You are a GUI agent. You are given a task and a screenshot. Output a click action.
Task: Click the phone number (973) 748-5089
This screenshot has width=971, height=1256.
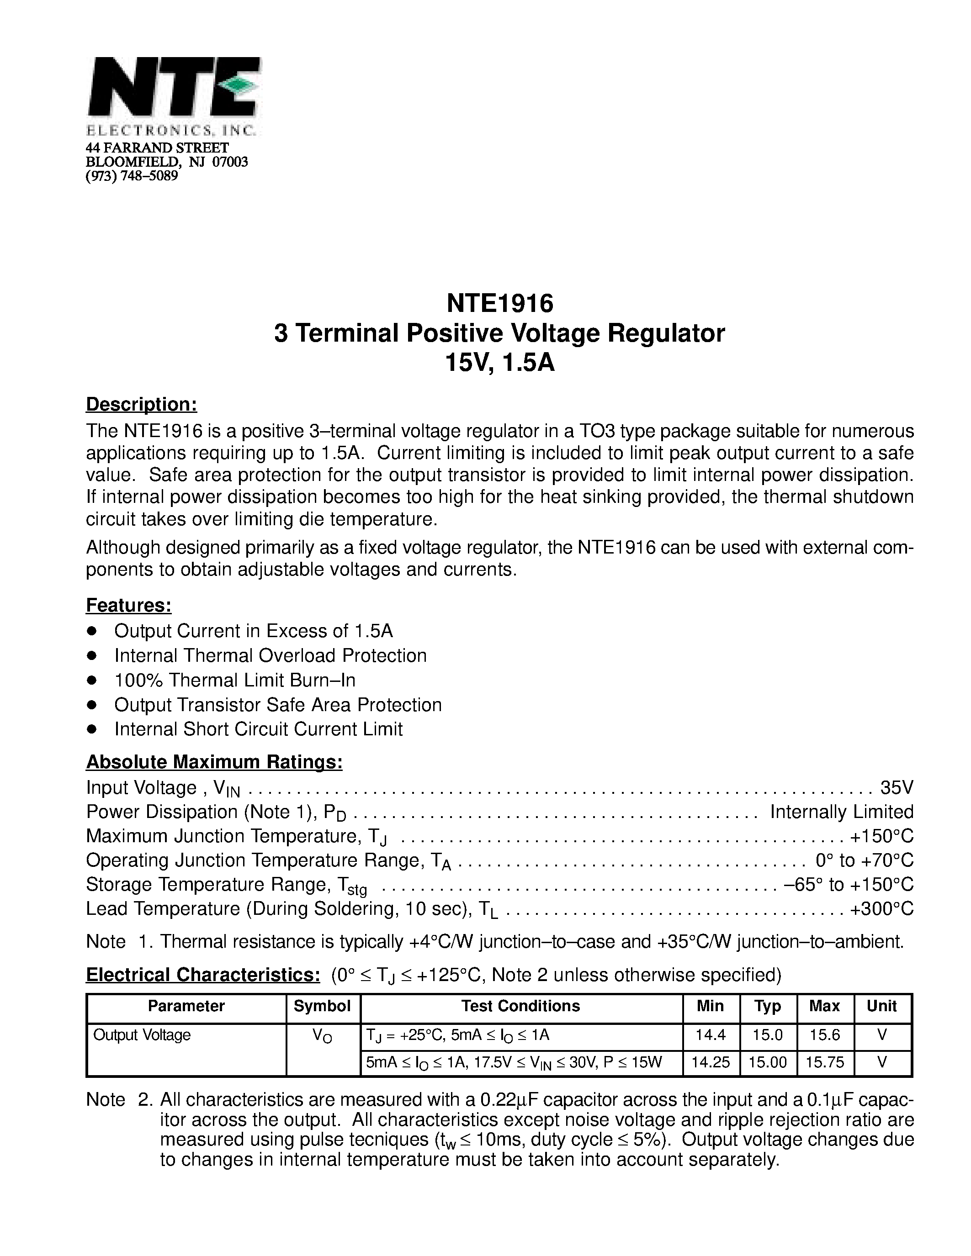[x=132, y=176]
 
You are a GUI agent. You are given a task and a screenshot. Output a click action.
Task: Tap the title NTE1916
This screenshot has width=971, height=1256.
[x=499, y=302]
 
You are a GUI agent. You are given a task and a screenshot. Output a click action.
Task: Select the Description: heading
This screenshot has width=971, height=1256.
[x=142, y=404]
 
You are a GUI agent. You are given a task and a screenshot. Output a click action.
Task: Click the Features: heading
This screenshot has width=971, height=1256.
[x=129, y=605]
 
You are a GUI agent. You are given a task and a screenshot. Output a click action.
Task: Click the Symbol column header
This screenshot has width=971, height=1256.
[x=322, y=1006]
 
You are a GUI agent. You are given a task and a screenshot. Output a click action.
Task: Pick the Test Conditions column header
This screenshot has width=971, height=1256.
[x=520, y=1006]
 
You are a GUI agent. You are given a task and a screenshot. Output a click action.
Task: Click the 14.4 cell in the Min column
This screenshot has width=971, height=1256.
[x=711, y=1035]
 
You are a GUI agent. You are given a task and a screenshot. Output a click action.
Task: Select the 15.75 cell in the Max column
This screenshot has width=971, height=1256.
[x=825, y=1062]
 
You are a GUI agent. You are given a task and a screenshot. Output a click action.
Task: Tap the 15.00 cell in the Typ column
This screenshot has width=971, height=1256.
[x=767, y=1062]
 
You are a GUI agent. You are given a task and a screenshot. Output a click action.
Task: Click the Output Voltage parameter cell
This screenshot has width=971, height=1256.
[x=142, y=1035]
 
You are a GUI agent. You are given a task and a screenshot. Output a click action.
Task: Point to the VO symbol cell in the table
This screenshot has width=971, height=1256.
[x=322, y=1036]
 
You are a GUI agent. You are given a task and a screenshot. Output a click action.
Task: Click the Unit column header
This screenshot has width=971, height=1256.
[x=882, y=1006]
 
